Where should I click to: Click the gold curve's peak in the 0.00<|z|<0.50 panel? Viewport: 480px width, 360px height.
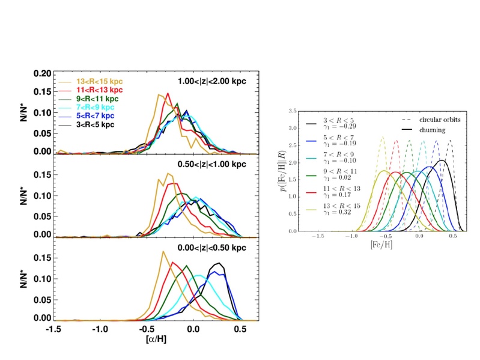pyautogui.click(x=163, y=252)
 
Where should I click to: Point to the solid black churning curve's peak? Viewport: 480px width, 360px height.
pyautogui.click(x=442, y=160)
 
